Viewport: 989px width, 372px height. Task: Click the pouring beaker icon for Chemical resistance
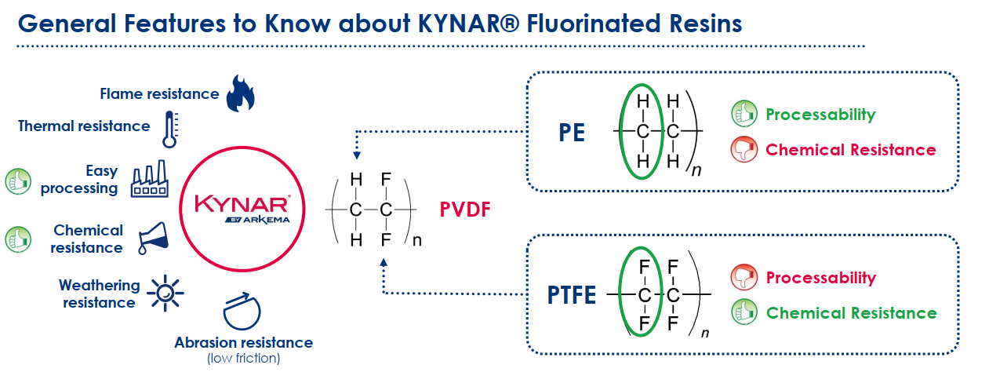tap(153, 239)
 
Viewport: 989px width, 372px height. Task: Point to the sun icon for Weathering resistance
tap(165, 294)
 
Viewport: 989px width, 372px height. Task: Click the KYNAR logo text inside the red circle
tap(243, 204)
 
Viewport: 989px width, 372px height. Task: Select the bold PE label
tap(573, 132)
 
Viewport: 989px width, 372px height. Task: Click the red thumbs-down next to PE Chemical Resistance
tap(743, 149)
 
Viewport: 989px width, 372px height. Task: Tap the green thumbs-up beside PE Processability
tap(743, 114)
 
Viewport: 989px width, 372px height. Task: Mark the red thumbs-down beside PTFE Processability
tap(743, 278)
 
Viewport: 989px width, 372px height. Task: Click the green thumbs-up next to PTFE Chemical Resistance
tap(743, 312)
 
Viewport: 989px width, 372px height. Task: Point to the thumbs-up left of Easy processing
tap(17, 181)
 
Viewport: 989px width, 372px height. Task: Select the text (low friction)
tap(243, 359)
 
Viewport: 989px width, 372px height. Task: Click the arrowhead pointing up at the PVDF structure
tap(384, 266)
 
